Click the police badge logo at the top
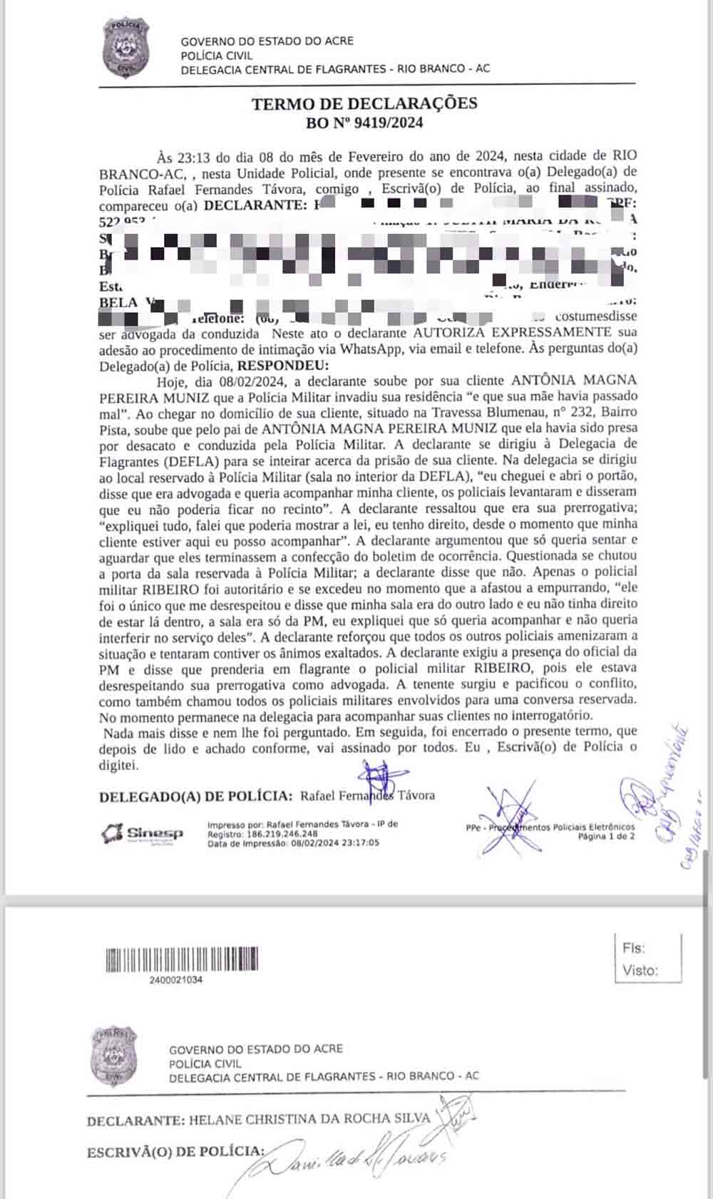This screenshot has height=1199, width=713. tap(125, 48)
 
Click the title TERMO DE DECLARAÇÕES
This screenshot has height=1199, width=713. tap(364, 103)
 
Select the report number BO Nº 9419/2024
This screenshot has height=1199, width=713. tap(364, 123)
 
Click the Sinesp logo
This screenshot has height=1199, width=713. tap(143, 833)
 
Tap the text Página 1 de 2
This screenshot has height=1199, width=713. tap(605, 836)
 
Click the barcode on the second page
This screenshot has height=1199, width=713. tap(181, 959)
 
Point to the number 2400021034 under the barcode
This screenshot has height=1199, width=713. tap(176, 980)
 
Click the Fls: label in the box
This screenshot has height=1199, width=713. tap(633, 948)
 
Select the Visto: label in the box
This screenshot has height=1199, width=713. tap(640, 970)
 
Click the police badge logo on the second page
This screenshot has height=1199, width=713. tap(114, 1056)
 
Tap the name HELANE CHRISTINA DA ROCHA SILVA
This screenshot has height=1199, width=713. tap(309, 1119)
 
